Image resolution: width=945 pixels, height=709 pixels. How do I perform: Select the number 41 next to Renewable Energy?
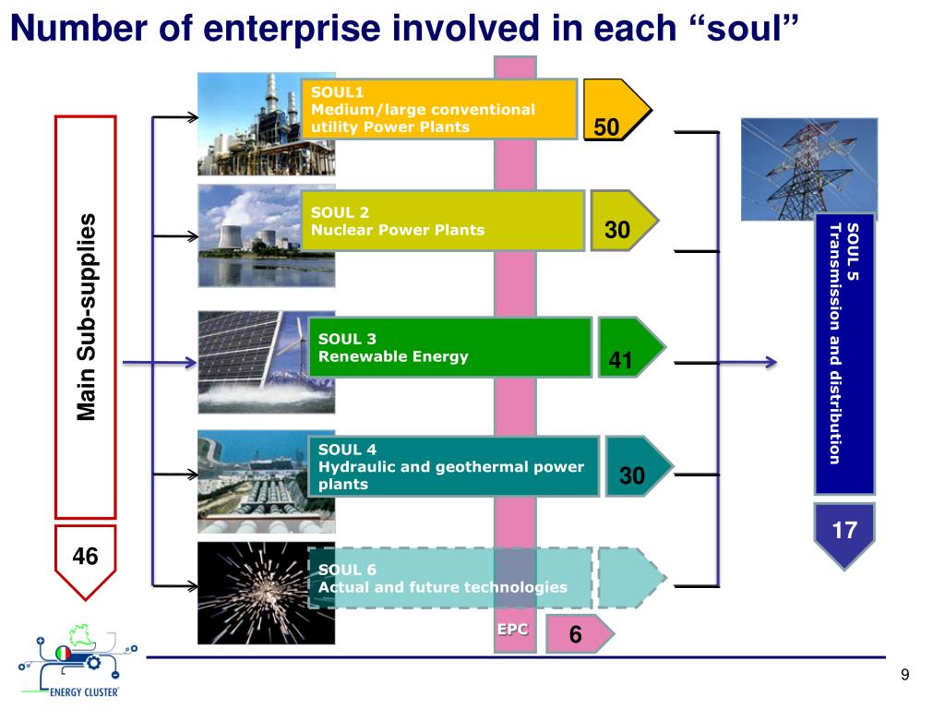pyautogui.click(x=620, y=361)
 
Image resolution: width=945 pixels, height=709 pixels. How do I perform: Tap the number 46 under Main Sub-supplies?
pyautogui.click(x=85, y=555)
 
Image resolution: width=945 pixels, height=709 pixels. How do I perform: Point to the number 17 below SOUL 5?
pyautogui.click(x=844, y=530)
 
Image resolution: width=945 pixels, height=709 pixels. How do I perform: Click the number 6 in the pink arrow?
pyautogui.click(x=575, y=635)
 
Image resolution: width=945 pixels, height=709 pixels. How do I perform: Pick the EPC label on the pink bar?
pyautogui.click(x=513, y=630)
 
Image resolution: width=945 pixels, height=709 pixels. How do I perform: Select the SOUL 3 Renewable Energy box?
pyautogui.click(x=449, y=347)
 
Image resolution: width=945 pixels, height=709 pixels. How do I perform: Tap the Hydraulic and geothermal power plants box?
pyautogui.click(x=452, y=466)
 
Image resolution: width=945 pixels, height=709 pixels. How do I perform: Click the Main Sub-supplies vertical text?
pyautogui.click(x=86, y=317)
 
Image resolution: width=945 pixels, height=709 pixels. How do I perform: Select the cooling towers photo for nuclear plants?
pyautogui.click(x=251, y=235)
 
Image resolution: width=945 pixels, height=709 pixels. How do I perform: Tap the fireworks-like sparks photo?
pyautogui.click(x=252, y=593)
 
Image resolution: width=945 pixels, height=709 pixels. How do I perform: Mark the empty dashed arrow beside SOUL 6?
pyautogui.click(x=630, y=578)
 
